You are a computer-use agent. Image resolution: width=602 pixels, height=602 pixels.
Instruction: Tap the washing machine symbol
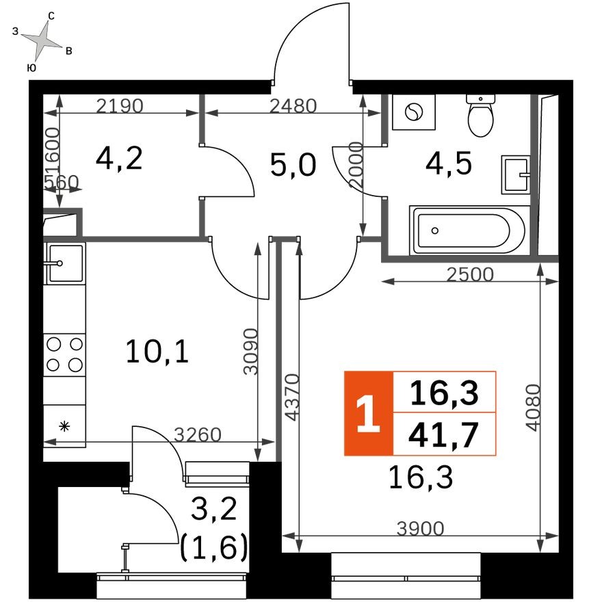[414, 112]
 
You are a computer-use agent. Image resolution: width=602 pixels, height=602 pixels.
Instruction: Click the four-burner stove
[64, 354]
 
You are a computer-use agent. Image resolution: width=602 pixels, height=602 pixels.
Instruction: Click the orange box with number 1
[369, 414]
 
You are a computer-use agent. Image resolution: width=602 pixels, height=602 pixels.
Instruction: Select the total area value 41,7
[443, 435]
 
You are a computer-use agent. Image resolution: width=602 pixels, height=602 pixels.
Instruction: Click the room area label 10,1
[157, 352]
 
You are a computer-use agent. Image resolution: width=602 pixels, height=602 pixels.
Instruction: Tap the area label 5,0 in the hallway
[293, 165]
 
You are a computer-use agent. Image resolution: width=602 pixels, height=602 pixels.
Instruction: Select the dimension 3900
[421, 529]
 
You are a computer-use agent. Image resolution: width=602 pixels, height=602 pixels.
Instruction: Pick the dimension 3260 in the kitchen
[198, 434]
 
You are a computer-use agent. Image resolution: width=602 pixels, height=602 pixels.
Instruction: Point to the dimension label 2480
[293, 106]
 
